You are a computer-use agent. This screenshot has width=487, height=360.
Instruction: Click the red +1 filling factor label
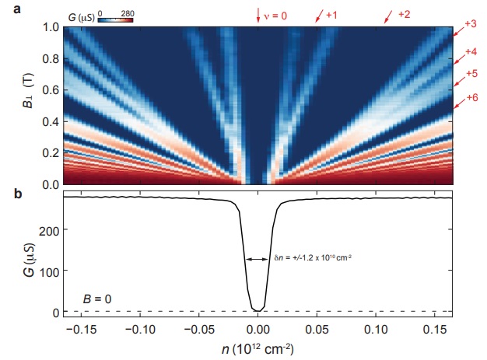pyautogui.click(x=331, y=15)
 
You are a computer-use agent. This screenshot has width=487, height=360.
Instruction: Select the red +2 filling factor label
pyautogui.click(x=403, y=15)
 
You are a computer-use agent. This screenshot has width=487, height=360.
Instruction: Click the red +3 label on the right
pyautogui.click(x=470, y=24)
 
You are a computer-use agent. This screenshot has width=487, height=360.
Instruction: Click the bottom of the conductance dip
pyautogui.click(x=258, y=309)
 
